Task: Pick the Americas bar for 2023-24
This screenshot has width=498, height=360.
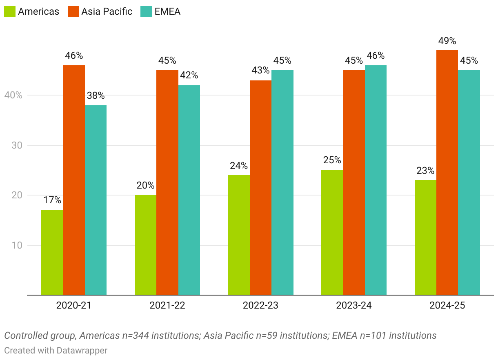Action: tap(332, 232)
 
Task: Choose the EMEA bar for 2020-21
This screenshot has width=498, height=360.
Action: tap(96, 200)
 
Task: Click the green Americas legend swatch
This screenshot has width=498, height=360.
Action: tap(9, 11)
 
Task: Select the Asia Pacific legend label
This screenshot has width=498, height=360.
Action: tap(107, 11)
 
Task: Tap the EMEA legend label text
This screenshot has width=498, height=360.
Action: tap(167, 11)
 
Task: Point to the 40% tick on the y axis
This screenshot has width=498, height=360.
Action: tap(13, 95)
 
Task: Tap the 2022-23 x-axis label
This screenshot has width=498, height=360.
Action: tap(260, 305)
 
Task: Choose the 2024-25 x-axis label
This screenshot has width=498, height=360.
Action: tap(447, 305)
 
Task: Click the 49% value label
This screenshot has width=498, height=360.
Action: tap(447, 41)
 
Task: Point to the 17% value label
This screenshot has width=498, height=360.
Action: tap(52, 200)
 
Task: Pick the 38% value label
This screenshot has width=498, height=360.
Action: tap(96, 96)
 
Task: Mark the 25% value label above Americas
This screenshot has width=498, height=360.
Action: tap(332, 160)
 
